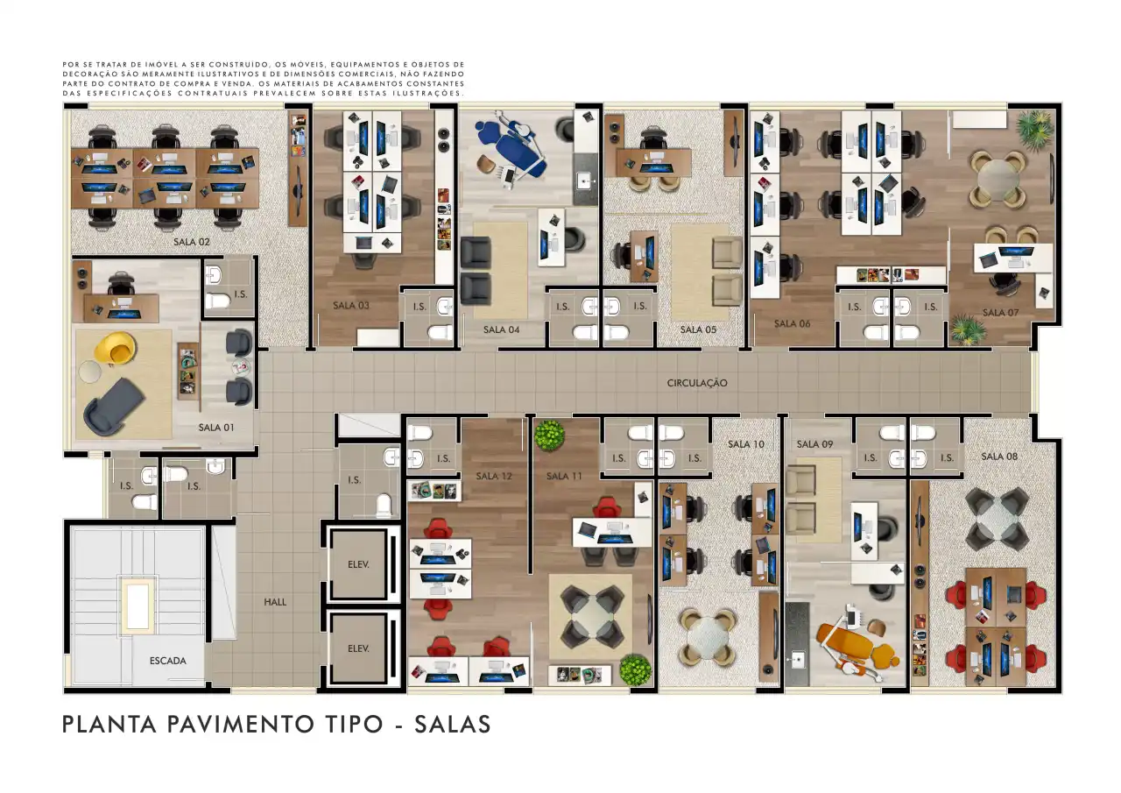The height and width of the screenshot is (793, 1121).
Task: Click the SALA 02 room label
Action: click(x=191, y=242)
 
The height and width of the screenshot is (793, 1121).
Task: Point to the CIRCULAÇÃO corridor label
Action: click(x=697, y=383)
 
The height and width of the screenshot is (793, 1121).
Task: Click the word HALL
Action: click(x=275, y=602)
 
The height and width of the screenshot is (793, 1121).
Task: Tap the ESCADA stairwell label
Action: click(x=167, y=661)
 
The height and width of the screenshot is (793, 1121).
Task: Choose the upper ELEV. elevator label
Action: click(x=358, y=564)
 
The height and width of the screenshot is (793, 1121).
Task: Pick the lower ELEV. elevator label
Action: click(x=358, y=648)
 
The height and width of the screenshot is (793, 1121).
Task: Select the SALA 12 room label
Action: click(x=493, y=476)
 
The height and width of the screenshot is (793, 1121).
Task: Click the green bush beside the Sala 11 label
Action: click(x=549, y=435)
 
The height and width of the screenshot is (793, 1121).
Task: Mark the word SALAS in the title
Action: click(x=453, y=725)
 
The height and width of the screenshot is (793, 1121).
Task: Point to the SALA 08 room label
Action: click(x=999, y=457)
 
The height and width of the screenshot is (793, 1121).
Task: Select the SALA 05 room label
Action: click(x=698, y=330)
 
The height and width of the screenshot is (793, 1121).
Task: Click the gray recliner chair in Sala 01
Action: click(x=114, y=407)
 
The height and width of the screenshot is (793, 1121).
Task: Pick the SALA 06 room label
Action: click(x=792, y=323)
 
